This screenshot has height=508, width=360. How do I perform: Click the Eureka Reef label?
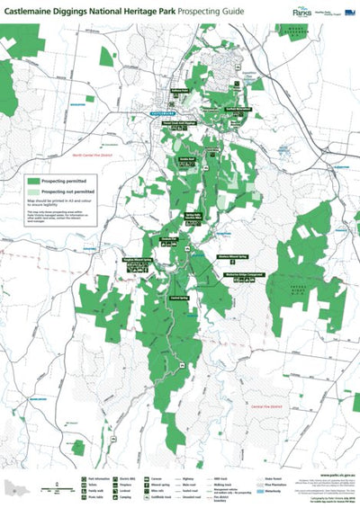tap(187, 158)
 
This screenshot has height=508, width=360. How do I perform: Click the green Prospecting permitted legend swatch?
tap(35, 180)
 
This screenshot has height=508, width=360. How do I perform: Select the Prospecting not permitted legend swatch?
tap(35, 192)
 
